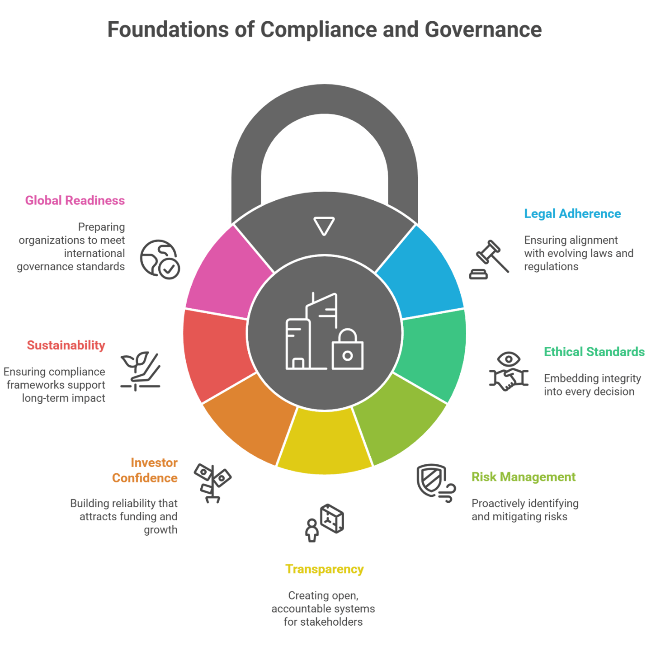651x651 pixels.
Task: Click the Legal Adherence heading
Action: click(572, 214)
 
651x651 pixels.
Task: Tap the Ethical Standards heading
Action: click(594, 352)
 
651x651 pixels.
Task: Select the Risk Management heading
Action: click(524, 477)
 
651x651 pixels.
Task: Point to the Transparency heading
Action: click(324, 569)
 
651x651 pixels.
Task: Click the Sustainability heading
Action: click(66, 345)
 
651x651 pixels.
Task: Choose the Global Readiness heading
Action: click(75, 200)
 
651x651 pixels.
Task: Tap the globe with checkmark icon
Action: click(160, 259)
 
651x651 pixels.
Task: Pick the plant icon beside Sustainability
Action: click(140, 371)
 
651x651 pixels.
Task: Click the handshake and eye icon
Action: click(509, 372)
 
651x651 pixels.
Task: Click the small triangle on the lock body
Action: click(324, 226)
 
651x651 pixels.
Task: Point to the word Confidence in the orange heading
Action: click(145, 478)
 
